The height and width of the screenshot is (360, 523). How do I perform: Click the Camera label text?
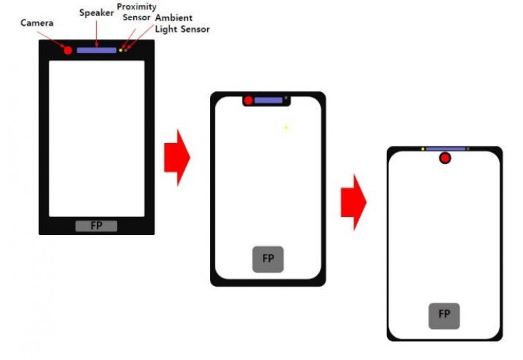point(37,23)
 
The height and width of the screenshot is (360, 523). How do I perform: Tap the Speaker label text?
point(96,13)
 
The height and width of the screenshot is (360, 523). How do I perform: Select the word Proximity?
point(137,7)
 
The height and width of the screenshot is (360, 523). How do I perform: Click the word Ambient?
point(174,17)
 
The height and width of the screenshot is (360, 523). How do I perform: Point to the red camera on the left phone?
point(68,50)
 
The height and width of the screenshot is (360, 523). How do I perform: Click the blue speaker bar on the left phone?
point(97,50)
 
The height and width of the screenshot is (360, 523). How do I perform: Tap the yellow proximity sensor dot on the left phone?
point(121,50)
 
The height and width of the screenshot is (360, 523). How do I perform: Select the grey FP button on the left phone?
point(96,226)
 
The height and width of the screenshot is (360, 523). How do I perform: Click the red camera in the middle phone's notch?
point(248,100)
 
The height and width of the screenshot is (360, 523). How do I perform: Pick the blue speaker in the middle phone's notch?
point(268,100)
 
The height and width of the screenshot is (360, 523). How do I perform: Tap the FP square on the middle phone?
point(268,260)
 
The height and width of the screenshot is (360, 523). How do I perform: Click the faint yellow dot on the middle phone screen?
point(286,128)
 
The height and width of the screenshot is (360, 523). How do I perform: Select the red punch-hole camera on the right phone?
point(445,158)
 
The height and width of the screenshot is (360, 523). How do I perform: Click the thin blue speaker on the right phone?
point(446,149)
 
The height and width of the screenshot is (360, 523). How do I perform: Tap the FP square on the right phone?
point(444,316)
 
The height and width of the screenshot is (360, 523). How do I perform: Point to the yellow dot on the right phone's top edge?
point(423,149)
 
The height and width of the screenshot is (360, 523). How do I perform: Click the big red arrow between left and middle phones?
point(177,158)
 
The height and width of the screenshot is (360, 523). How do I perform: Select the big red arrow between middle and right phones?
point(354,202)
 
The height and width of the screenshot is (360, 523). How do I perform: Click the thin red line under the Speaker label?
point(97,33)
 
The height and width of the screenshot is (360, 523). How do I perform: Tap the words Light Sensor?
point(183,29)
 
